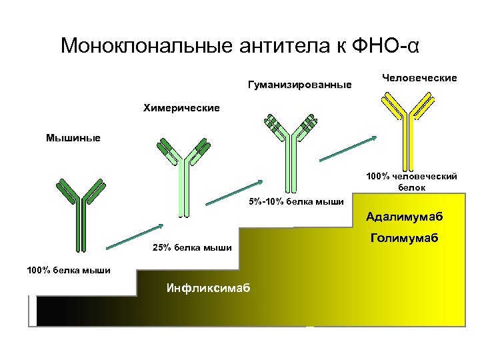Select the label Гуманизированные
(299, 85)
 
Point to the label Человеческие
(419, 78)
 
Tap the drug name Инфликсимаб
(208, 288)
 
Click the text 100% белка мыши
(69, 270)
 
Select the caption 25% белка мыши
(192, 249)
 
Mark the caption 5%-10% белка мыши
(296, 202)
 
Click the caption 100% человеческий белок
(411, 182)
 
